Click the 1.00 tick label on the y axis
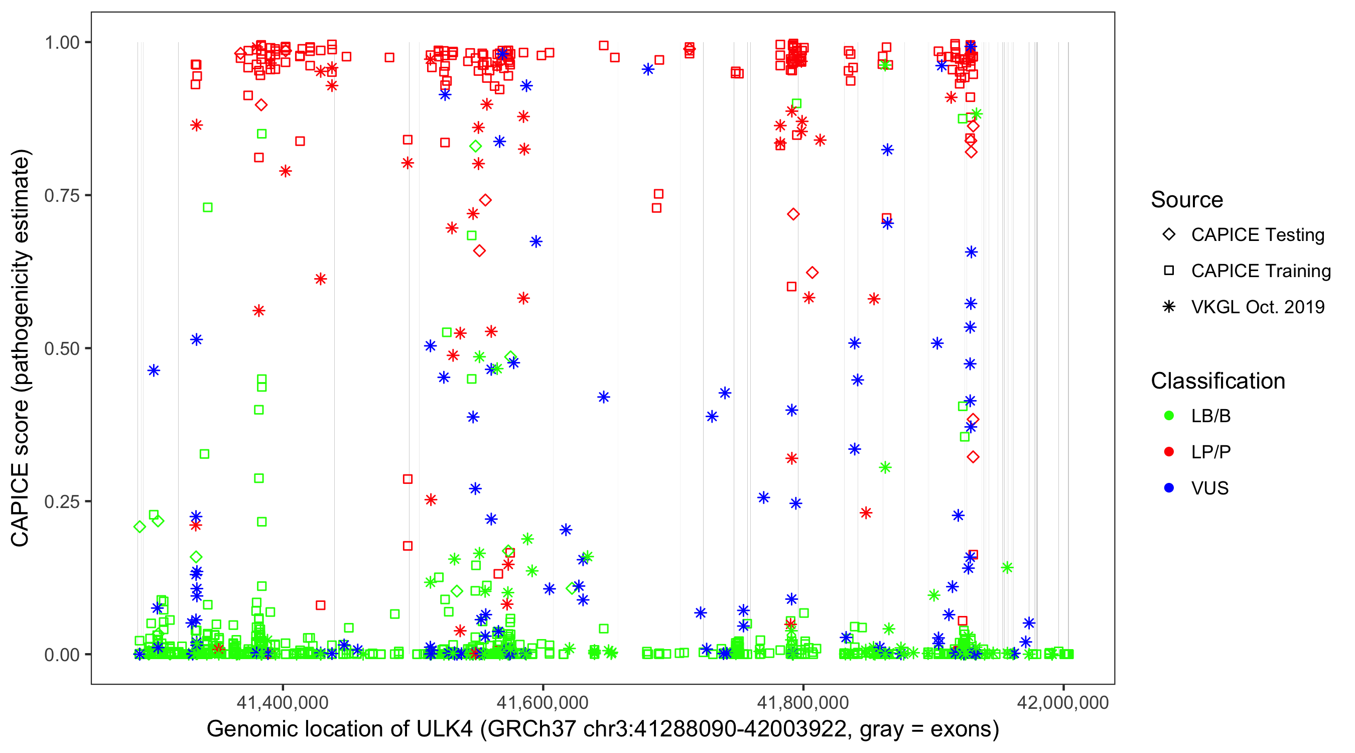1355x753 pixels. (x=62, y=43)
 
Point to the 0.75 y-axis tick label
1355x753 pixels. (x=62, y=196)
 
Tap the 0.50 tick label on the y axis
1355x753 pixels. (x=62, y=349)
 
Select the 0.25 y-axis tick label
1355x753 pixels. (x=62, y=501)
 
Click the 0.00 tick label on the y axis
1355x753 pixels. (x=62, y=655)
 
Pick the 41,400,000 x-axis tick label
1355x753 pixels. (x=283, y=702)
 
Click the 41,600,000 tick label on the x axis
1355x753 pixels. (x=543, y=702)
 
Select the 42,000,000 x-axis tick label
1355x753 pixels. (x=1063, y=702)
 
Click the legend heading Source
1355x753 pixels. (x=1187, y=200)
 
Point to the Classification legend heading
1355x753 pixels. (x=1217, y=381)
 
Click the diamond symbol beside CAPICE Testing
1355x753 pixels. (x=1169, y=235)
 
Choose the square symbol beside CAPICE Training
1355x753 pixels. (x=1169, y=271)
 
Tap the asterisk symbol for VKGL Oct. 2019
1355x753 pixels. (x=1169, y=307)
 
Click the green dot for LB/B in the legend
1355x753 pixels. (x=1169, y=416)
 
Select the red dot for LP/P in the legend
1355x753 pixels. (x=1169, y=452)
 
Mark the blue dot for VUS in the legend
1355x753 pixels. (x=1169, y=488)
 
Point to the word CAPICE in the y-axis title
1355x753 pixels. (x=20, y=505)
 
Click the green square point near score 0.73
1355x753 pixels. (x=208, y=207)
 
